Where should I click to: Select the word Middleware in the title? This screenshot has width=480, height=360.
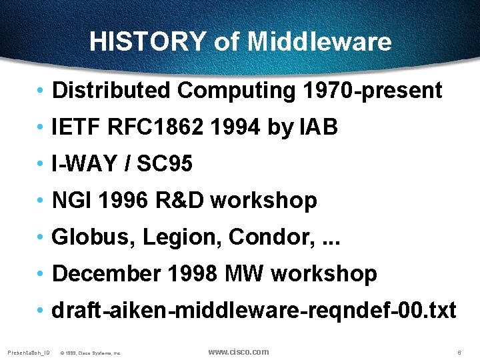(319, 41)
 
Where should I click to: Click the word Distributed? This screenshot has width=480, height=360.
(111, 91)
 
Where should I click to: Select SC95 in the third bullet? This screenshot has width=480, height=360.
(165, 164)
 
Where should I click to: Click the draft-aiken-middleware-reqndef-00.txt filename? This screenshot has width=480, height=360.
(254, 310)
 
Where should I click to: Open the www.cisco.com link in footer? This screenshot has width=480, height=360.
(239, 352)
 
